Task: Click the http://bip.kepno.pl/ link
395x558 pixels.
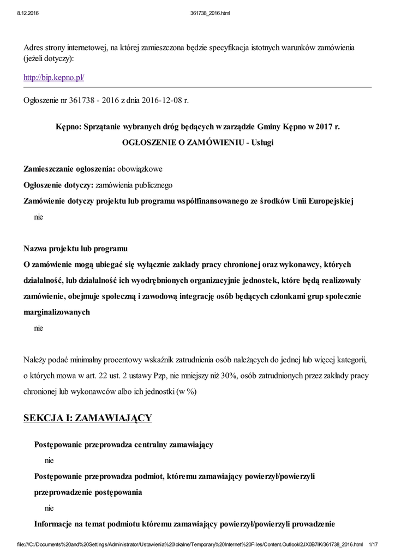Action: pos(53,78)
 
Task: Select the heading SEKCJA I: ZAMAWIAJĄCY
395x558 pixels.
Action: pos(87,418)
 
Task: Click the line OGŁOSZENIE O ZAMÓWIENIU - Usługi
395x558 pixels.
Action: pos(197,142)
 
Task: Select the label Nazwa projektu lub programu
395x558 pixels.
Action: pos(75,249)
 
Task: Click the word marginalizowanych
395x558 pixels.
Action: pos(57,313)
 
